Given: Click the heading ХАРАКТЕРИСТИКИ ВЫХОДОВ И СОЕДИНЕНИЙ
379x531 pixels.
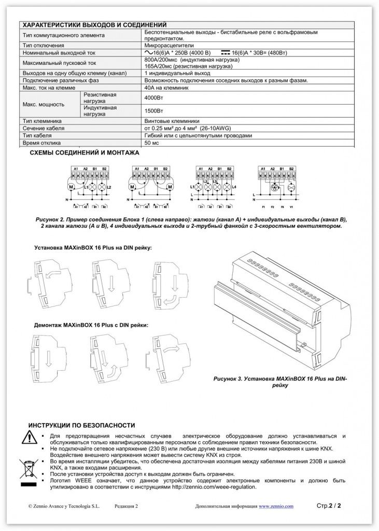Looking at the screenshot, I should pyautogui.click(x=93, y=24).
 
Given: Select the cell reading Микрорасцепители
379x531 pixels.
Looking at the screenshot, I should pyautogui.click(x=171, y=46).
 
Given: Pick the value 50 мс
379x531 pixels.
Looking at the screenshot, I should pyautogui.click(x=151, y=143).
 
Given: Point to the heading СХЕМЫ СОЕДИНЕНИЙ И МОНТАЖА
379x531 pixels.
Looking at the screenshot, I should pyautogui.click(x=85, y=153).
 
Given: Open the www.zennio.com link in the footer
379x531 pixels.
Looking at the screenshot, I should pyautogui.click(x=276, y=506).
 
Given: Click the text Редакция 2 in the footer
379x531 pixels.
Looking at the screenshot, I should pyautogui.click(x=126, y=506).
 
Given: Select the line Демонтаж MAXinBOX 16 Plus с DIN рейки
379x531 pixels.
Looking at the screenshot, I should pyautogui.click(x=91, y=325).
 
